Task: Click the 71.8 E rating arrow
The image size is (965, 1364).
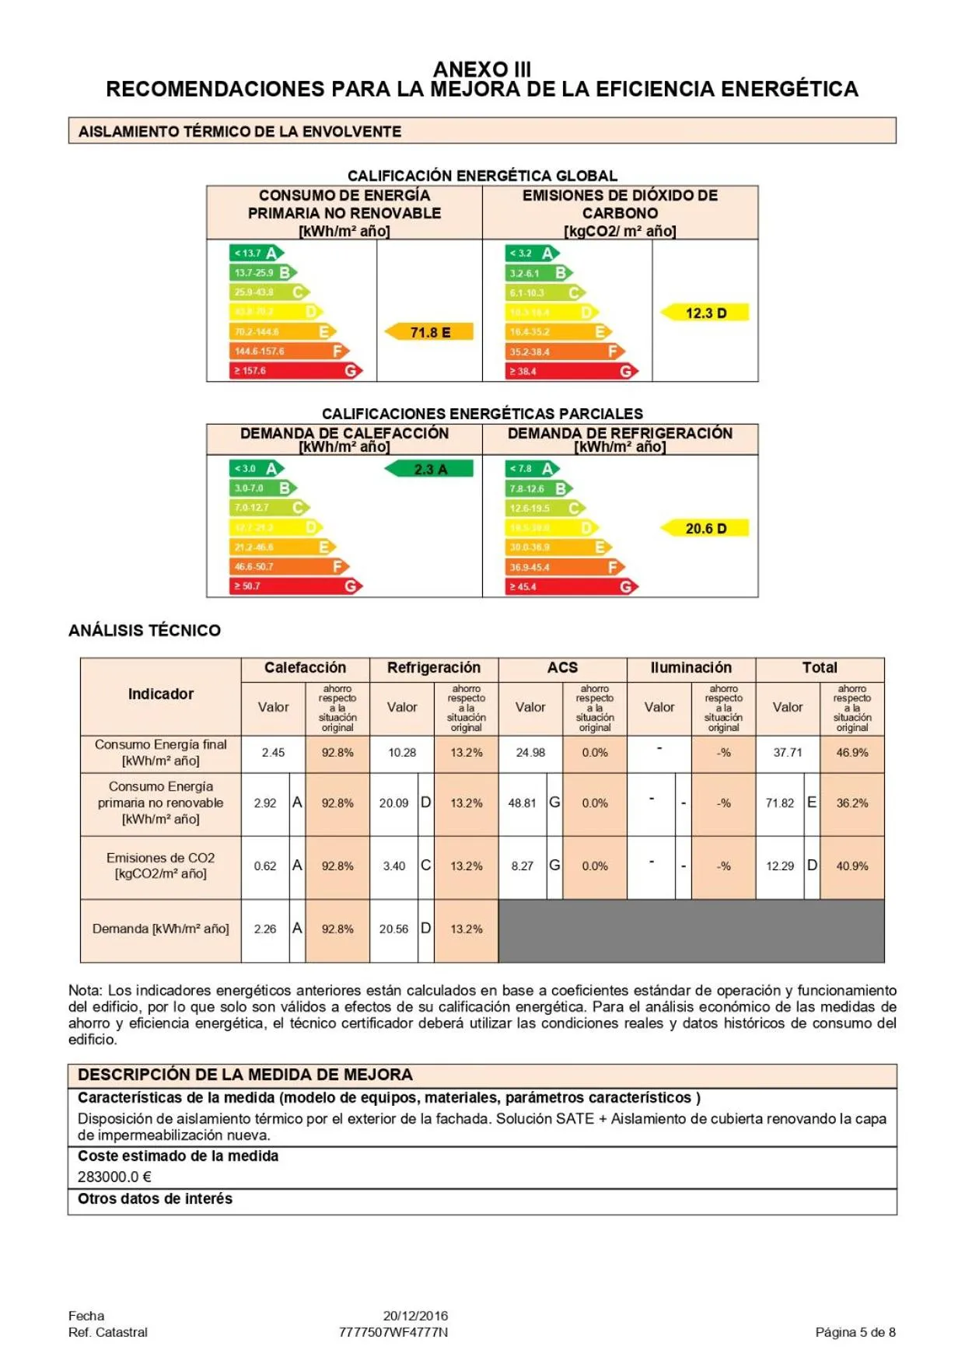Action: pyautogui.click(x=430, y=332)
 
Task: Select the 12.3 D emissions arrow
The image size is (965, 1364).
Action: pyautogui.click(x=705, y=313)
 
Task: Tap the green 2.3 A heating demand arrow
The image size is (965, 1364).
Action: pyautogui.click(x=429, y=469)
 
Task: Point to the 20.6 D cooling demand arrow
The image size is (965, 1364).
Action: pyautogui.click(x=705, y=528)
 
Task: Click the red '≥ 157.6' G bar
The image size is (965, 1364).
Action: pyautogui.click(x=295, y=371)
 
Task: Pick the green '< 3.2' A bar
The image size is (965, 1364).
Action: pyautogui.click(x=533, y=253)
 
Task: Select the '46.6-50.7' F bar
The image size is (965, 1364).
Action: pyautogui.click(x=288, y=566)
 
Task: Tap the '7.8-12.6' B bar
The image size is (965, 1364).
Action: pyautogui.click(x=539, y=488)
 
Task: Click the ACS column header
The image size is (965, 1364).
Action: pyautogui.click(x=562, y=667)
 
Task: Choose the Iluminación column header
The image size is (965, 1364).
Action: pyautogui.click(x=691, y=667)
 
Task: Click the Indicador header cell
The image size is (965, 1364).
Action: pyautogui.click(x=161, y=694)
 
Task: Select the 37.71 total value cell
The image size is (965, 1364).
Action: pyautogui.click(x=787, y=752)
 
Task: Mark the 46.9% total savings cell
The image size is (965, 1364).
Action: pyautogui.click(x=851, y=752)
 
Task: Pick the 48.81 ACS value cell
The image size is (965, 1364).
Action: pyautogui.click(x=522, y=803)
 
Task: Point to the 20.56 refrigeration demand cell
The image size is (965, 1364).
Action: pyautogui.click(x=393, y=929)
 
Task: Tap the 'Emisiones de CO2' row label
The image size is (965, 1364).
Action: pyautogui.click(x=161, y=866)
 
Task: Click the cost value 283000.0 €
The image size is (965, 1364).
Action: pyautogui.click(x=114, y=1177)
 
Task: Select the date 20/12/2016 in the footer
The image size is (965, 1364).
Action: pyautogui.click(x=415, y=1316)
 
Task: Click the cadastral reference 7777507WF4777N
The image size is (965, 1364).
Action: pyautogui.click(x=393, y=1332)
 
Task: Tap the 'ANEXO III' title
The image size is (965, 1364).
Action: pyautogui.click(x=481, y=69)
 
